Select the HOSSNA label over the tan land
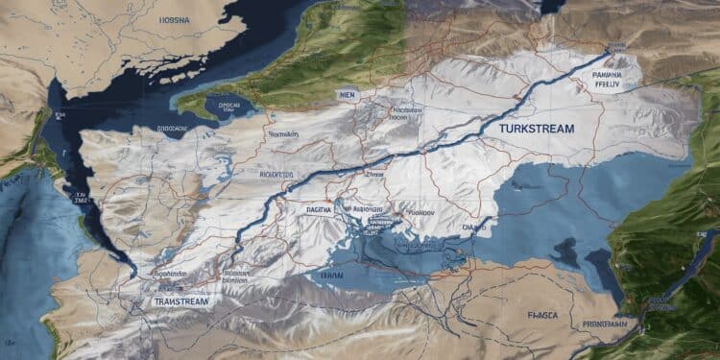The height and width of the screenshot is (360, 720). pyautogui.click(x=174, y=18)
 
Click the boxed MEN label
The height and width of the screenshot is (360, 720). pyautogui.click(x=346, y=95)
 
